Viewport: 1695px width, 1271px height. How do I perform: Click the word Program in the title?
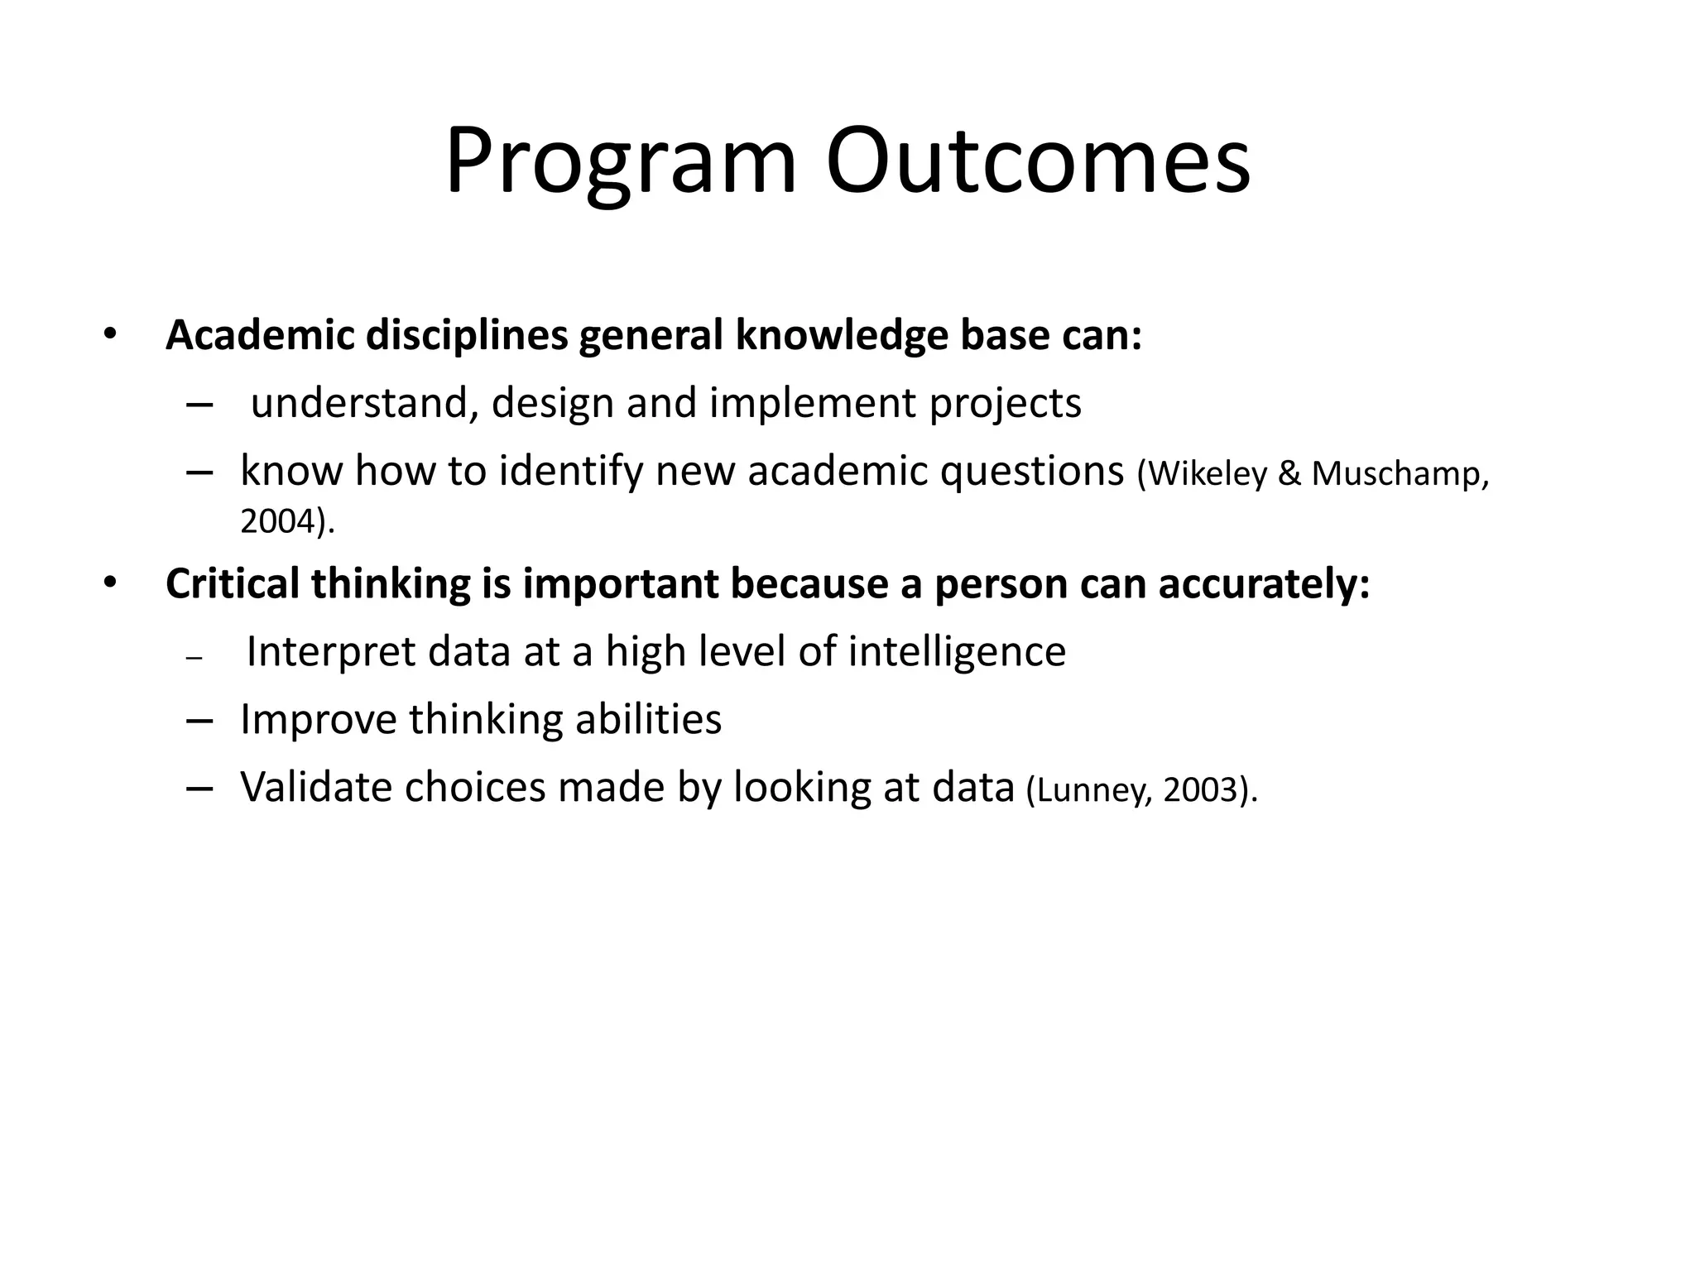[x=621, y=161]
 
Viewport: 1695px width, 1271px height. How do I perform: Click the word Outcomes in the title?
[x=1038, y=161]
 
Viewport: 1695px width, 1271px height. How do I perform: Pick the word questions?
[x=1032, y=472]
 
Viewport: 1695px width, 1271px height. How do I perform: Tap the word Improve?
[x=318, y=719]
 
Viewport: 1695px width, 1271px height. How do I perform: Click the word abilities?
[x=648, y=719]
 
